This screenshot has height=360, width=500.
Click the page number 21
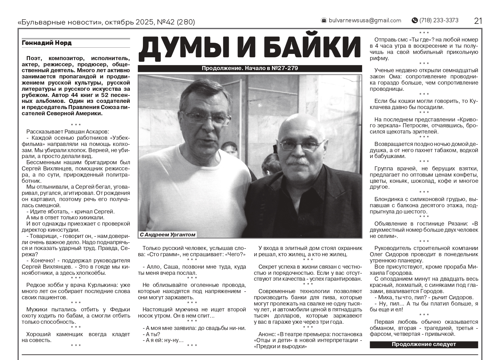coord(478,21)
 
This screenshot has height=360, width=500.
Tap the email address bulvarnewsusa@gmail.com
coord(365,20)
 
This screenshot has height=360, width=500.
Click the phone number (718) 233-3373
coord(439,20)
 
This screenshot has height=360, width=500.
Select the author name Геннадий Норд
coord(46,43)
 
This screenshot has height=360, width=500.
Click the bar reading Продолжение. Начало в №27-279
coord(250,68)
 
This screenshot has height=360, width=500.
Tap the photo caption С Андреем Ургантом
coord(168,235)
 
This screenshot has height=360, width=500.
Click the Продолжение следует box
coord(423,344)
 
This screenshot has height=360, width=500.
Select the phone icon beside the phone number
coord(414,20)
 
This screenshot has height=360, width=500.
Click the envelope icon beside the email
coord(324,20)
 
